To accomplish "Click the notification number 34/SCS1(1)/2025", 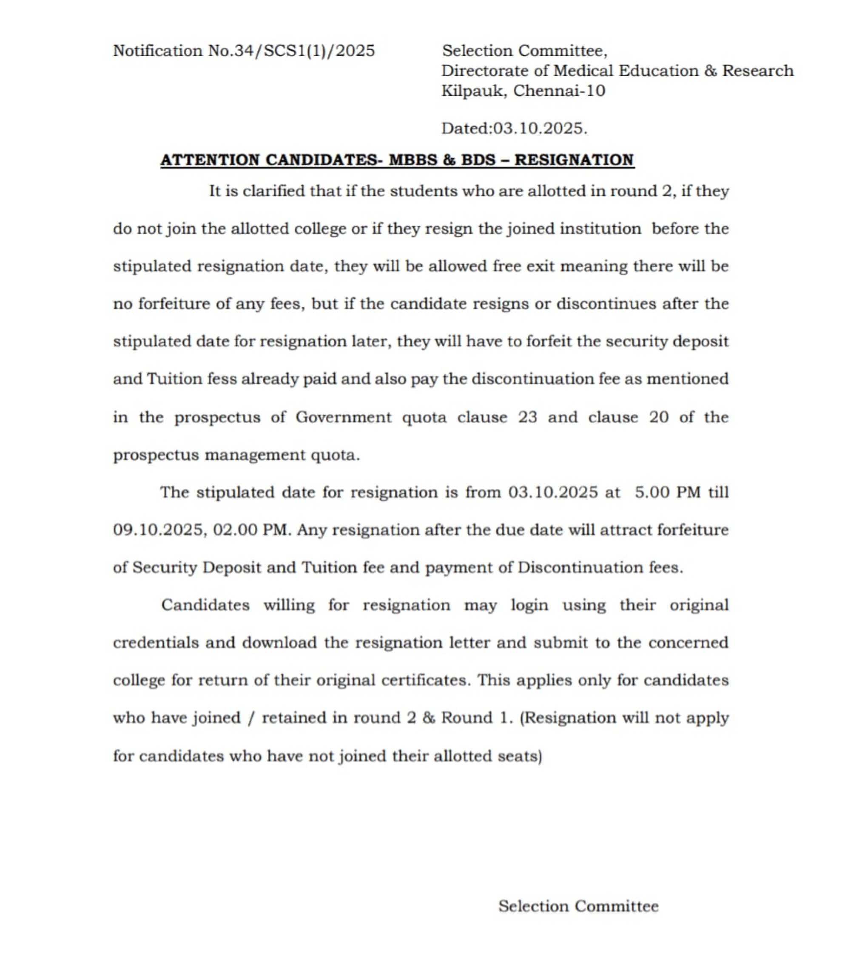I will [304, 51].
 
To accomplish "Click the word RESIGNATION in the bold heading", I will [574, 160].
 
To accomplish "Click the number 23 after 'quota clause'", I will [527, 417].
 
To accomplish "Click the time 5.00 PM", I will [667, 493].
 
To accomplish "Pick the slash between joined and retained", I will [251, 718].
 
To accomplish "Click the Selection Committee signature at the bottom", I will [578, 906].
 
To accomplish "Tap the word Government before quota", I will [344, 417].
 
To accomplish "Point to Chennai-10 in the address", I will [559, 91].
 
